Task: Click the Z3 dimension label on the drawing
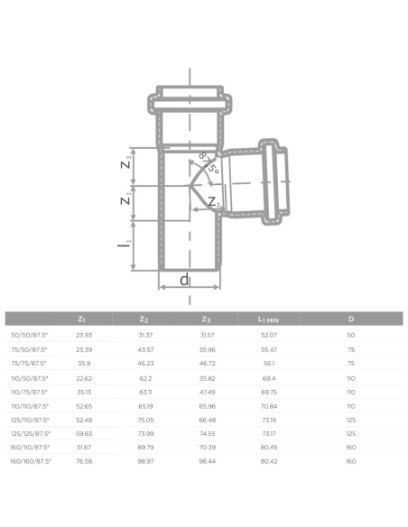126,162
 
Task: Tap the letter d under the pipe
185,280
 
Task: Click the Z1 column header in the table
82,319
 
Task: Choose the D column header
350,319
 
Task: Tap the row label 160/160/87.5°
30,460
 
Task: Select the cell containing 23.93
82,335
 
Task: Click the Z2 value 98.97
145,460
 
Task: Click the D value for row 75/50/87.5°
350,348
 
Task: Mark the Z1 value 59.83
82,433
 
